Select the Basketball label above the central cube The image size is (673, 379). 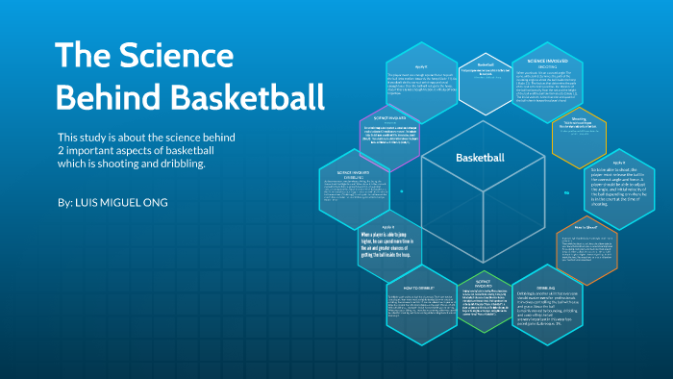pos(479,157)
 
